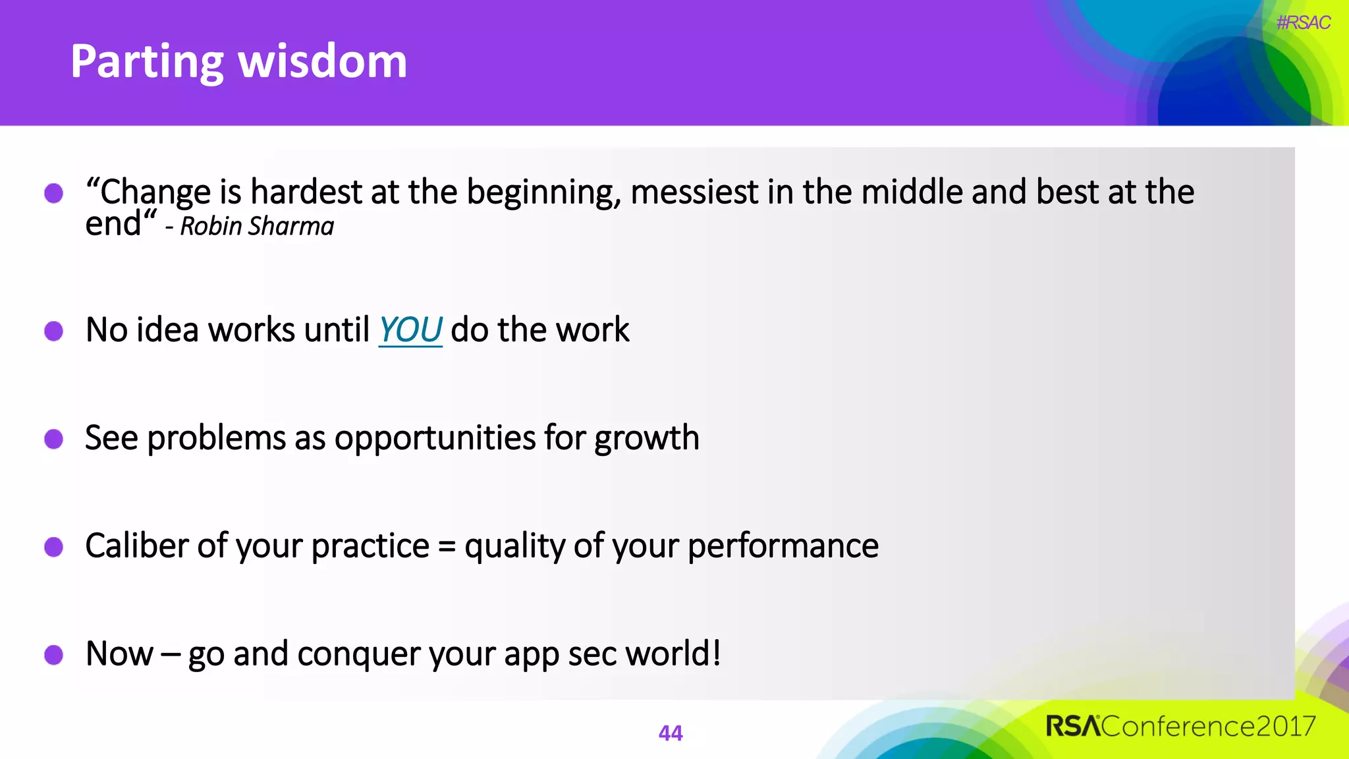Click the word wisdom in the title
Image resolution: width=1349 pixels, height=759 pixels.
point(322,61)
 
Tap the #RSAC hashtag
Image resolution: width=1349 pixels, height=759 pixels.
point(1303,23)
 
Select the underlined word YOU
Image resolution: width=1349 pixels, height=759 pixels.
point(410,330)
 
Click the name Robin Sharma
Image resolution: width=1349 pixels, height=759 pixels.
point(257,227)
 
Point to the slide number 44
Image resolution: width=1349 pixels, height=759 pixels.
point(671,733)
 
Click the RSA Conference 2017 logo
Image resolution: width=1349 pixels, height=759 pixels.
point(1180,726)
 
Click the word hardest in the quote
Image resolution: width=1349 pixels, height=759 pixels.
point(306,192)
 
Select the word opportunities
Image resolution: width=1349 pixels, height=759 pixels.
point(435,438)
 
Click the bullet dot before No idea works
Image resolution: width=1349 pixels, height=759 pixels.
point(54,331)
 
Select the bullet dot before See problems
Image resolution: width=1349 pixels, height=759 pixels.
point(54,439)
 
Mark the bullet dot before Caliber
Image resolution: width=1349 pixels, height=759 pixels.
point(54,547)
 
